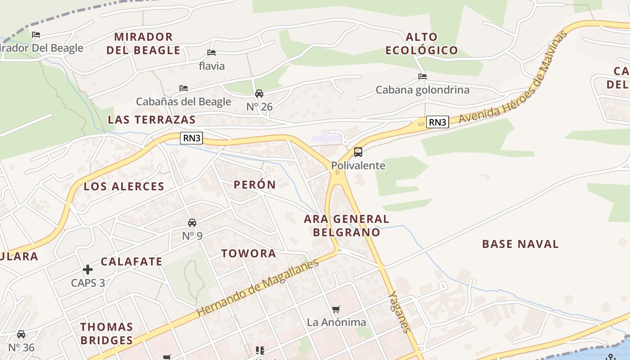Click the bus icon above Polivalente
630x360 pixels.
tap(358, 152)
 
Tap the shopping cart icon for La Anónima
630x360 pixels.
tap(336, 310)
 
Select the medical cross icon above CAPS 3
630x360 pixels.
tap(88, 270)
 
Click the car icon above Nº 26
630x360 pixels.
tap(259, 94)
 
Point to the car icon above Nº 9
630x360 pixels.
tap(192, 223)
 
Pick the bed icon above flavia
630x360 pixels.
tap(211, 53)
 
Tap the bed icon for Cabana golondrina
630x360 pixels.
tap(422, 76)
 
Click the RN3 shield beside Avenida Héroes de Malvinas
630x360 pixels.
tap(437, 122)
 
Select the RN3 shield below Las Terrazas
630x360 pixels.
tap(192, 138)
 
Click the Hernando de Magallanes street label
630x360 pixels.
tap(257, 287)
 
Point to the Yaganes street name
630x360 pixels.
tap(400, 312)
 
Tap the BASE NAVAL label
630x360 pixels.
tap(520, 244)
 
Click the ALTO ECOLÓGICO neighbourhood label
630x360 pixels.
tap(421, 44)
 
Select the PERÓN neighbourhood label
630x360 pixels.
tap(255, 184)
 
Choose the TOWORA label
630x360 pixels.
tap(248, 253)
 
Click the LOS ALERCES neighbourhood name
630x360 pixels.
tap(124, 186)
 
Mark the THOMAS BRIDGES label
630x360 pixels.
tap(107, 333)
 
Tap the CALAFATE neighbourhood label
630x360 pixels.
tap(131, 261)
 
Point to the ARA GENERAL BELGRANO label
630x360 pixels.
tap(346, 225)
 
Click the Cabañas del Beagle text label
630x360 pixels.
tap(184, 102)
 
